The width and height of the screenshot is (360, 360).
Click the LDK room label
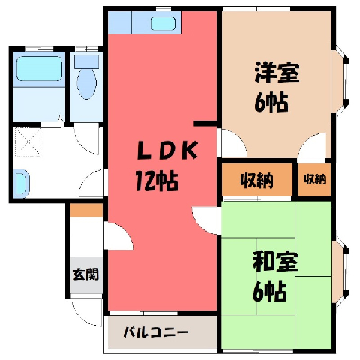click(168, 150)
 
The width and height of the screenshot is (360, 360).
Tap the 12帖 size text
click(157, 181)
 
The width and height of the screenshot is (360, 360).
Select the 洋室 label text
click(277, 72)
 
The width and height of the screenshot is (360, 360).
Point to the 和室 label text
click(275, 262)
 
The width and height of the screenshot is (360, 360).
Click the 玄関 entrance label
click(85, 274)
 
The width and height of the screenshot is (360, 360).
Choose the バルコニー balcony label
click(156, 332)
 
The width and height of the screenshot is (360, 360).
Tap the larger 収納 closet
click(257, 180)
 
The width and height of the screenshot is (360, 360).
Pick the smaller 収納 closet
click(315, 179)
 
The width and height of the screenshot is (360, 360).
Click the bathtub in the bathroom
click(39, 69)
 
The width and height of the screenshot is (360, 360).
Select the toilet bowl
click(87, 84)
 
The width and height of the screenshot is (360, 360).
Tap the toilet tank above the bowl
click(87, 61)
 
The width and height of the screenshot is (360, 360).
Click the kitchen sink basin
click(163, 23)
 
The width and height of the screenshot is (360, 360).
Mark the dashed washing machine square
click(27, 142)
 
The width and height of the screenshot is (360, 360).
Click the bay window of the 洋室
click(340, 82)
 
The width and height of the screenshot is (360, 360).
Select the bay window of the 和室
click(340, 271)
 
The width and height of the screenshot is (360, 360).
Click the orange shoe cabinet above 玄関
click(86, 210)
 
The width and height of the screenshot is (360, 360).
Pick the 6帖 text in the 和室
click(269, 291)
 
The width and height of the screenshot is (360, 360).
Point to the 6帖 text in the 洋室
click(271, 102)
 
